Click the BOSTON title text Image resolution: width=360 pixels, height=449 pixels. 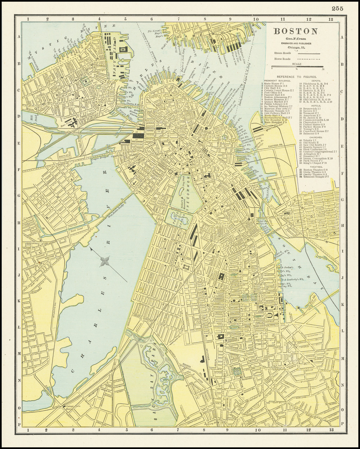296,31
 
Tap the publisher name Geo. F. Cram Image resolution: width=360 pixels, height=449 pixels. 295,38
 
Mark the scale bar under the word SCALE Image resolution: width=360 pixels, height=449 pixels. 297,66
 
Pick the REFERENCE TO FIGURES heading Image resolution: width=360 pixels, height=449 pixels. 296,76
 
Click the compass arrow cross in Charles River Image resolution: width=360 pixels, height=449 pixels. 104,261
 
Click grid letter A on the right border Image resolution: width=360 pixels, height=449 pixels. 343,37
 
